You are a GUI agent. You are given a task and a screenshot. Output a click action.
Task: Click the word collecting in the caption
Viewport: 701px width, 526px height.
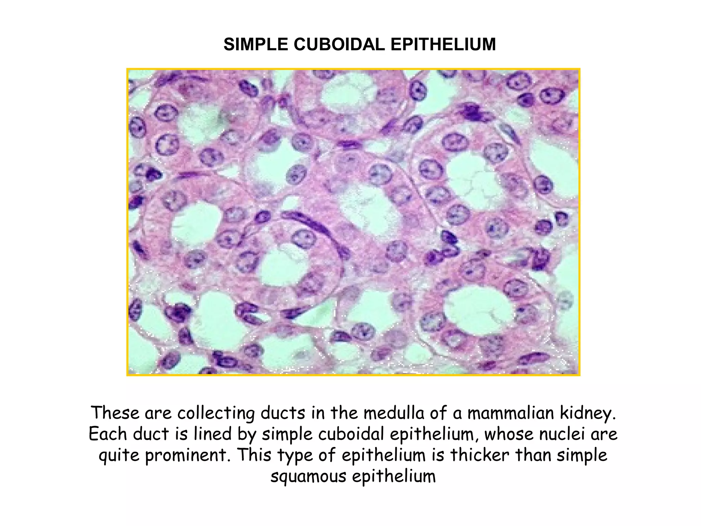point(216,413)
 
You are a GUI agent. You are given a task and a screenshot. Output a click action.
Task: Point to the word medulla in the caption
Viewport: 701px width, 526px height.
point(394,413)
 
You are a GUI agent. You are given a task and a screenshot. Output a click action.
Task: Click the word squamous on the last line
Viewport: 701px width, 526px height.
point(308,477)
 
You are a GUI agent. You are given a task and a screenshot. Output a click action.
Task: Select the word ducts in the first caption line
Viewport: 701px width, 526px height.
point(283,413)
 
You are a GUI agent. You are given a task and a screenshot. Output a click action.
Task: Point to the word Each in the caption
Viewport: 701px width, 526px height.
point(108,434)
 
